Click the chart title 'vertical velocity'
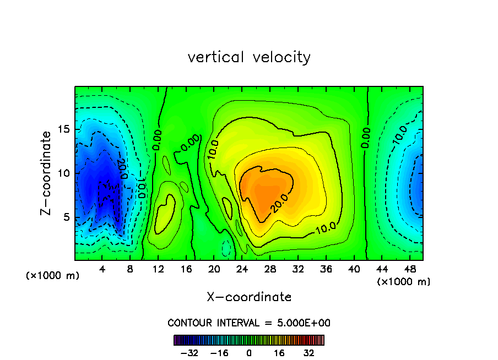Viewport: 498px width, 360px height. pyautogui.click(x=249, y=57)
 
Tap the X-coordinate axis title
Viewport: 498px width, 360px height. pyautogui.click(x=249, y=297)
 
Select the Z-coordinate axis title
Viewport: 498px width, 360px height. pyautogui.click(x=47, y=173)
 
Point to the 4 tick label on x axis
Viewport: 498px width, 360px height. pyautogui.click(x=102, y=269)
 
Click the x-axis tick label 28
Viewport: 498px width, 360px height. pyautogui.click(x=269, y=269)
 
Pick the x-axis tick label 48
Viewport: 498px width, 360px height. pyautogui.click(x=409, y=269)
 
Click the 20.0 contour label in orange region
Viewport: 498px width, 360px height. pyautogui.click(x=279, y=203)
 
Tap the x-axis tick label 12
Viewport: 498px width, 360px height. pyautogui.click(x=158, y=269)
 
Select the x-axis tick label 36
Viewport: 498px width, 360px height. pyautogui.click(x=325, y=269)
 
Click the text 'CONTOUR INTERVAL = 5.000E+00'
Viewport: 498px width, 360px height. pyautogui.click(x=249, y=323)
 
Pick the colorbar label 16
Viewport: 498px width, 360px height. pyautogui.click(x=280, y=353)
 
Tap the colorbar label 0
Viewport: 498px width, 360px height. pyautogui.click(x=249, y=353)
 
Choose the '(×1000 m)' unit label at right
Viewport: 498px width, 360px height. pyautogui.click(x=404, y=282)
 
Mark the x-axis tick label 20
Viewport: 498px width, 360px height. pyautogui.click(x=214, y=269)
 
